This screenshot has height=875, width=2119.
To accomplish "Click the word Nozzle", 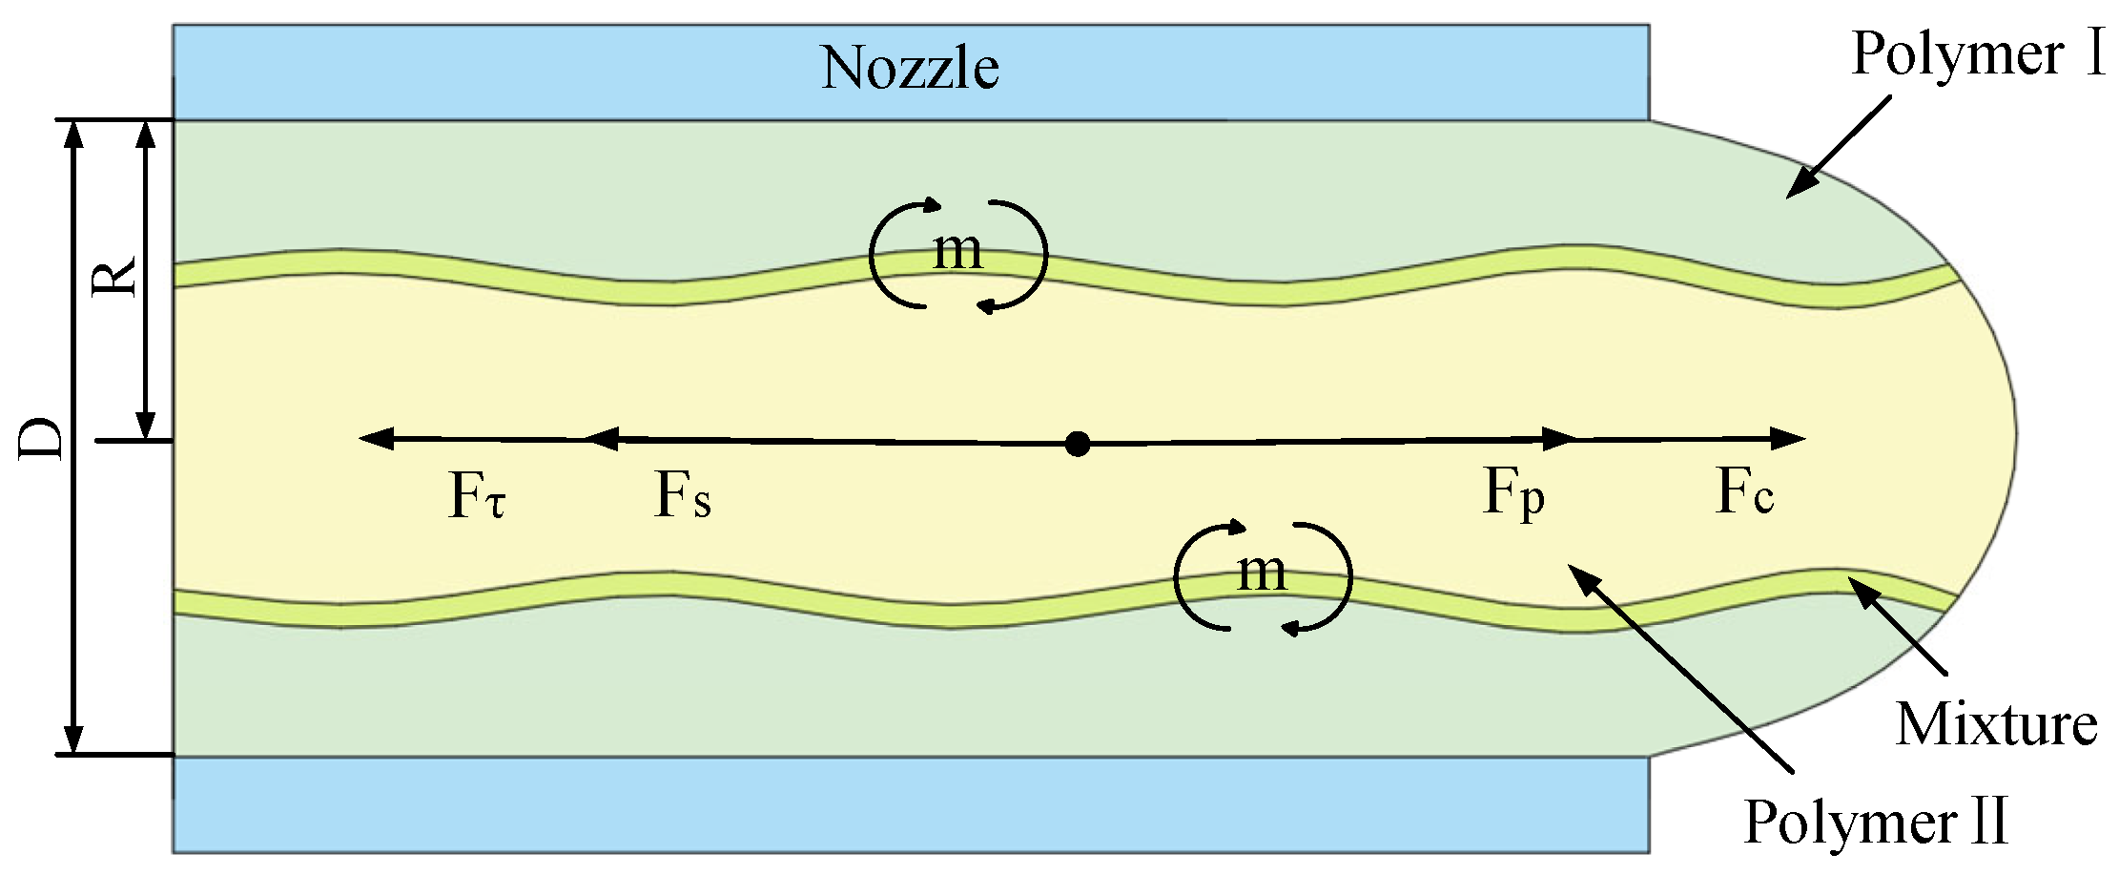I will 910,69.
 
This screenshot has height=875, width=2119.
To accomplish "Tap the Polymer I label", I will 1977,54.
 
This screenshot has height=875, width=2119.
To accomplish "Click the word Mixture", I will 1996,725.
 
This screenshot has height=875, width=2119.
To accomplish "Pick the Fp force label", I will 1513,494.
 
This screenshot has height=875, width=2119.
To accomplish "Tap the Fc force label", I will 1744,493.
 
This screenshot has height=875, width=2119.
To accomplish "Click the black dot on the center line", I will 1078,444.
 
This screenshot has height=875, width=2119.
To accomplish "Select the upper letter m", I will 957,251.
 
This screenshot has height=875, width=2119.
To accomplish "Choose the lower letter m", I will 1261,573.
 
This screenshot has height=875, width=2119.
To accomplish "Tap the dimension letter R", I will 114,277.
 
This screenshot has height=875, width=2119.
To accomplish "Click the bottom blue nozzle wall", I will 911,803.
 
